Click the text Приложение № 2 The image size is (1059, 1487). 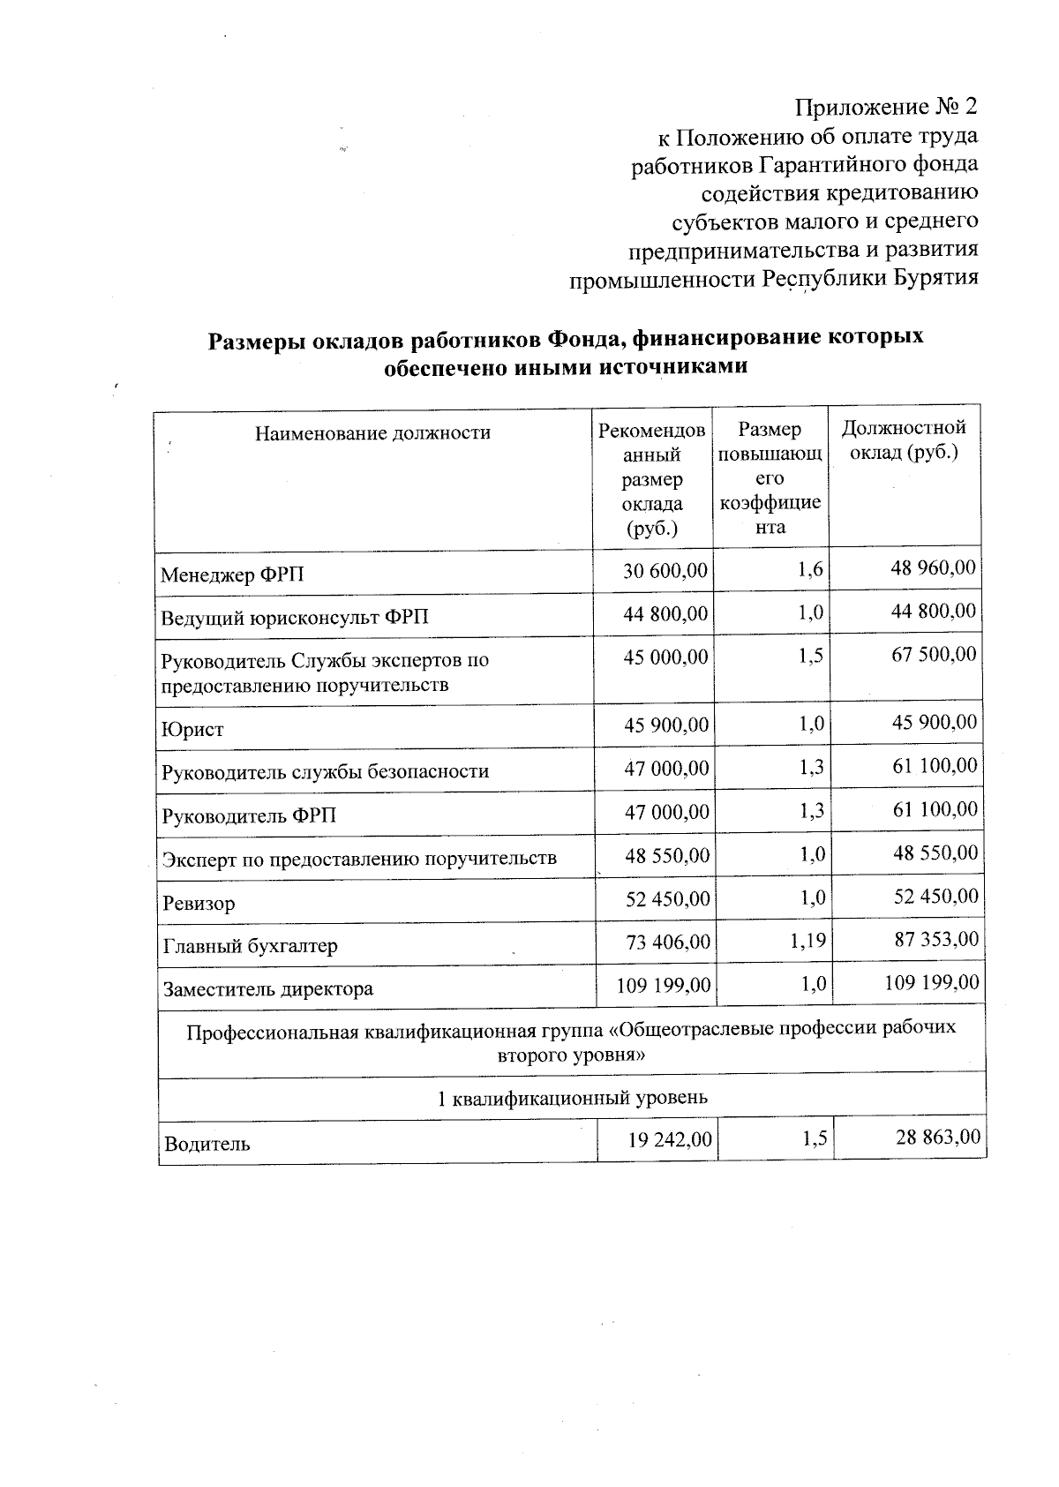pyautogui.click(x=887, y=108)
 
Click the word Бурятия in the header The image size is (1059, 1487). pyautogui.click(x=935, y=278)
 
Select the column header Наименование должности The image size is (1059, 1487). pyautogui.click(x=372, y=433)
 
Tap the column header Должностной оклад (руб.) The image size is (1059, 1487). pyautogui.click(x=904, y=440)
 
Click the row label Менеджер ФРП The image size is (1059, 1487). pyautogui.click(x=232, y=576)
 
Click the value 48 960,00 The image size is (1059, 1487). pyautogui.click(x=933, y=567)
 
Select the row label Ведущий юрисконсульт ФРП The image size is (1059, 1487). pyautogui.click(x=294, y=617)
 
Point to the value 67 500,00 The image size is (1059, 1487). pyautogui.click(x=934, y=655)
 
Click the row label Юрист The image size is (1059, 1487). pyautogui.click(x=193, y=731)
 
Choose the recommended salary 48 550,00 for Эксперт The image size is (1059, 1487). pyautogui.click(x=666, y=855)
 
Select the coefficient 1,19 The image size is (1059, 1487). pyautogui.click(x=807, y=941)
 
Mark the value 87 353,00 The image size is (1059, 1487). pyautogui.click(x=935, y=939)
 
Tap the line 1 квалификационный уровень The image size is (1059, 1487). pyautogui.click(x=572, y=1099)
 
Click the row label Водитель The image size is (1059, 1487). pyautogui.click(x=207, y=1145)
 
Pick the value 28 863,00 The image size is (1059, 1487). pyautogui.click(x=937, y=1138)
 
